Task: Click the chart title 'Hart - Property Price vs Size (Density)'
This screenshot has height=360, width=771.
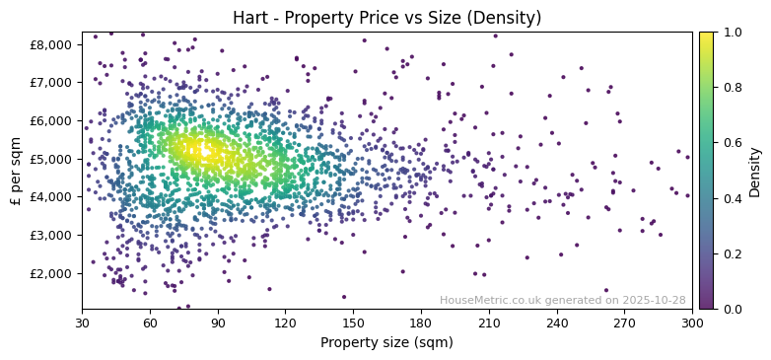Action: [x=386, y=18]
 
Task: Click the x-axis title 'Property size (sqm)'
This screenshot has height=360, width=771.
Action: [x=386, y=343]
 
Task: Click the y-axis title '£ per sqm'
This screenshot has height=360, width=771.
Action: [x=16, y=171]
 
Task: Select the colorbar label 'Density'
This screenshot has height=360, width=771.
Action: [x=754, y=171]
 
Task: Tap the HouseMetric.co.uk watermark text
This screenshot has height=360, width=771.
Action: [x=562, y=300]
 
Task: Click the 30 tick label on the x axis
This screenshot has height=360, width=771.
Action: [x=82, y=323]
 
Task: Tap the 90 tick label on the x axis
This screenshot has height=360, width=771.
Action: [x=218, y=323]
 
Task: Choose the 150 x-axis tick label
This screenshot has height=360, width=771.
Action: [x=353, y=323]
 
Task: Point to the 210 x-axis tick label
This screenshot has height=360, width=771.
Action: [x=489, y=323]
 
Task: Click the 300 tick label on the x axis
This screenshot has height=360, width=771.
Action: [x=692, y=323]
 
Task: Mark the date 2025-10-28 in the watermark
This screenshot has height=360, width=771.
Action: [x=655, y=300]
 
